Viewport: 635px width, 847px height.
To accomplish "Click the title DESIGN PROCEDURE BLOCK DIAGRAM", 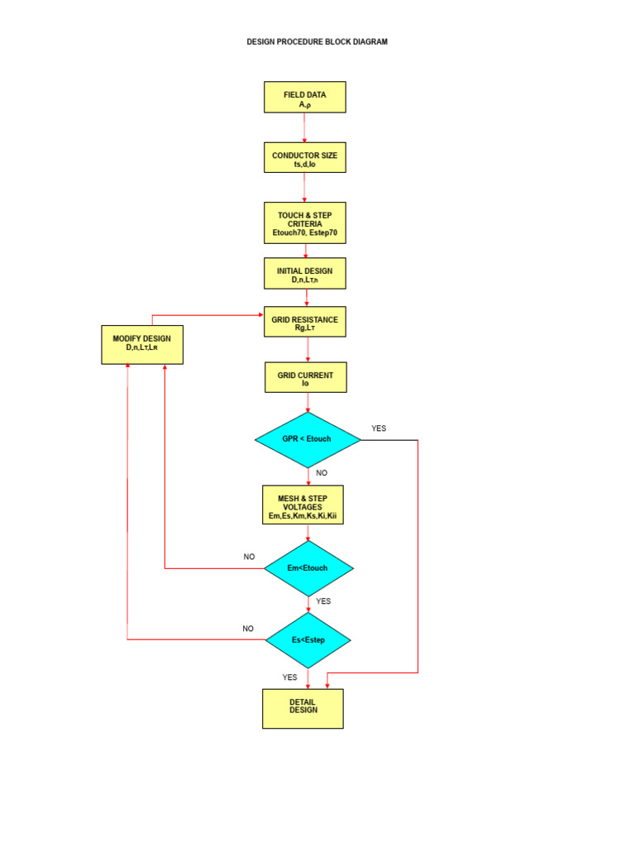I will point(317,41).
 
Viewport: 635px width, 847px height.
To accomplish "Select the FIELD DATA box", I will point(304,97).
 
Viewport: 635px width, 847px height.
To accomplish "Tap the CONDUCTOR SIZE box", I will point(304,156).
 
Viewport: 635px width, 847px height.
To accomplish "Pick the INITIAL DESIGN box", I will point(304,273).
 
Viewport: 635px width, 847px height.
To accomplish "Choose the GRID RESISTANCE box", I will point(304,321).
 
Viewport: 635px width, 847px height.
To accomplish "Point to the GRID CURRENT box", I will point(305,377).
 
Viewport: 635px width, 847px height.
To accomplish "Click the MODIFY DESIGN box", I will point(142,344).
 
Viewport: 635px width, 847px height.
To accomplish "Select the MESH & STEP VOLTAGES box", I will point(303,505).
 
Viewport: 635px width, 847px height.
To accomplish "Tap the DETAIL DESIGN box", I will point(303,708).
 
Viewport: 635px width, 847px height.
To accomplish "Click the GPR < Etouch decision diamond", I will point(308,439).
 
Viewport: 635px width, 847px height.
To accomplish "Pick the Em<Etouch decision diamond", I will point(308,568).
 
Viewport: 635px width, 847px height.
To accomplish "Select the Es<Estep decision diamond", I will point(308,640).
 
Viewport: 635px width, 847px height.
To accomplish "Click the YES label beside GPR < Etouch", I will point(379,428).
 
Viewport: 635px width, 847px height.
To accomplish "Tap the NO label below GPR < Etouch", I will point(322,473).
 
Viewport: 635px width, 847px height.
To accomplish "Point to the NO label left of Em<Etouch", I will point(249,557).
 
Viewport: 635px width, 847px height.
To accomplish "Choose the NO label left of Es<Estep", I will point(248,629).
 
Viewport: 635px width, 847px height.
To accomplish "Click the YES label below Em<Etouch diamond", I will point(323,601).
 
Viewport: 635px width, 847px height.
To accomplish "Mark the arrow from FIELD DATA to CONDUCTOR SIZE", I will point(304,127).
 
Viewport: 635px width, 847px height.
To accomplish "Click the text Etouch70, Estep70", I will point(305,233).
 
